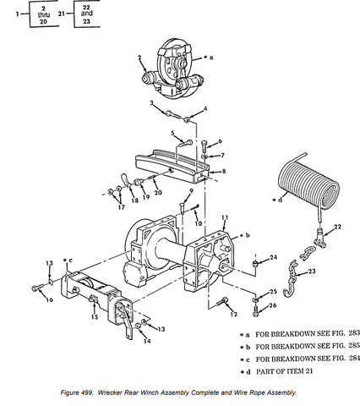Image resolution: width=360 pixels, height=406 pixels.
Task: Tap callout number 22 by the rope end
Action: point(337,227)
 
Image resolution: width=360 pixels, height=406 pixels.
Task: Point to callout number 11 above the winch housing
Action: point(223,218)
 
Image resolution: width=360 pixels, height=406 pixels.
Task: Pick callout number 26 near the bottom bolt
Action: point(273,305)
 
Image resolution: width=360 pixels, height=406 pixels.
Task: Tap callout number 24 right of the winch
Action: point(273,256)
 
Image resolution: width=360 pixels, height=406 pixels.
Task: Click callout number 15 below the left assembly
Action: point(94,317)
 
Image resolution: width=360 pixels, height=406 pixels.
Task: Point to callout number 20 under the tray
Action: point(156,192)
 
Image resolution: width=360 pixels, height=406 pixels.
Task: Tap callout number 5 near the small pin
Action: point(172,133)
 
